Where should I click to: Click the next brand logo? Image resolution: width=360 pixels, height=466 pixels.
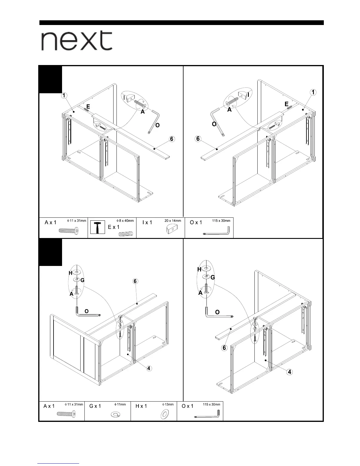(x=76, y=41)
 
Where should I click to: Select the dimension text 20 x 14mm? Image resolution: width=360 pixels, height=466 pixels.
(x=173, y=221)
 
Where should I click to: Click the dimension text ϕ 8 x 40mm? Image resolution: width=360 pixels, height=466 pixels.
(x=125, y=221)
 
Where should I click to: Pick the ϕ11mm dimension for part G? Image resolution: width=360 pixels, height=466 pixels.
(x=120, y=405)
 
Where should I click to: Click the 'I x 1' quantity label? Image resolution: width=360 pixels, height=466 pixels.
(x=147, y=222)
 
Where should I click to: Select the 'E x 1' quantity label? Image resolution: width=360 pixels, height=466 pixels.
(x=114, y=227)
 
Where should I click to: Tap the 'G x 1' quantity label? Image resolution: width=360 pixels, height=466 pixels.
(x=95, y=406)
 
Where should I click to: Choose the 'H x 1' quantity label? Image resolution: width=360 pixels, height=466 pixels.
(x=141, y=406)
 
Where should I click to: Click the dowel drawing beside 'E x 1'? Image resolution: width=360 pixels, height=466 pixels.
(x=126, y=234)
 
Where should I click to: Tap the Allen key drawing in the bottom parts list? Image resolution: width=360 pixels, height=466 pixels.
(x=207, y=415)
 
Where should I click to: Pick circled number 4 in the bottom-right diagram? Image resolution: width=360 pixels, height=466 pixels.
(x=290, y=372)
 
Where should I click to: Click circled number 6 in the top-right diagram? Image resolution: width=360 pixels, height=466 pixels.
(x=198, y=139)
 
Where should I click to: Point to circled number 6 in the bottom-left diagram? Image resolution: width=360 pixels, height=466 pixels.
(x=135, y=281)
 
